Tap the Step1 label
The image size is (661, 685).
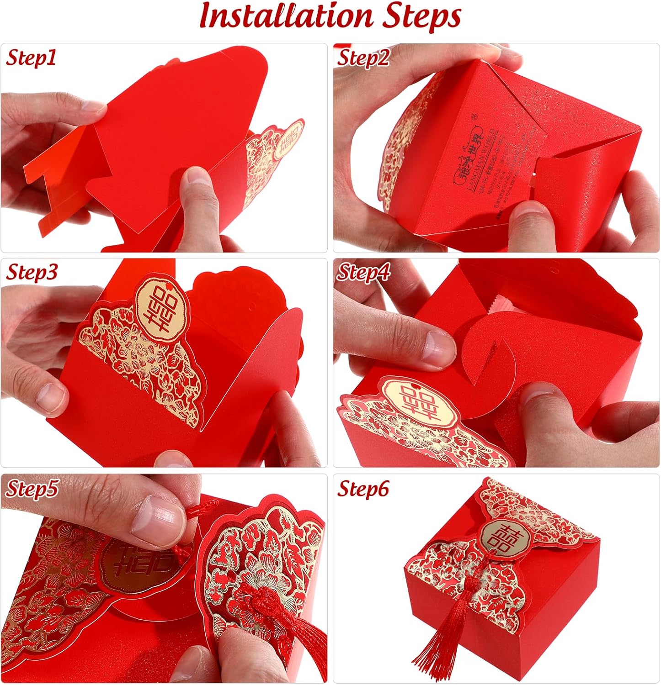click(x=31, y=58)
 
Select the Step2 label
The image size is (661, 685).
click(x=363, y=58)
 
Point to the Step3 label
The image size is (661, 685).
click(x=32, y=272)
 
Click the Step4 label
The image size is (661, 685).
click(x=363, y=273)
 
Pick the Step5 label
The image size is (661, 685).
click(x=32, y=488)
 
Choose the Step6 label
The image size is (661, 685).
click(x=363, y=489)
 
